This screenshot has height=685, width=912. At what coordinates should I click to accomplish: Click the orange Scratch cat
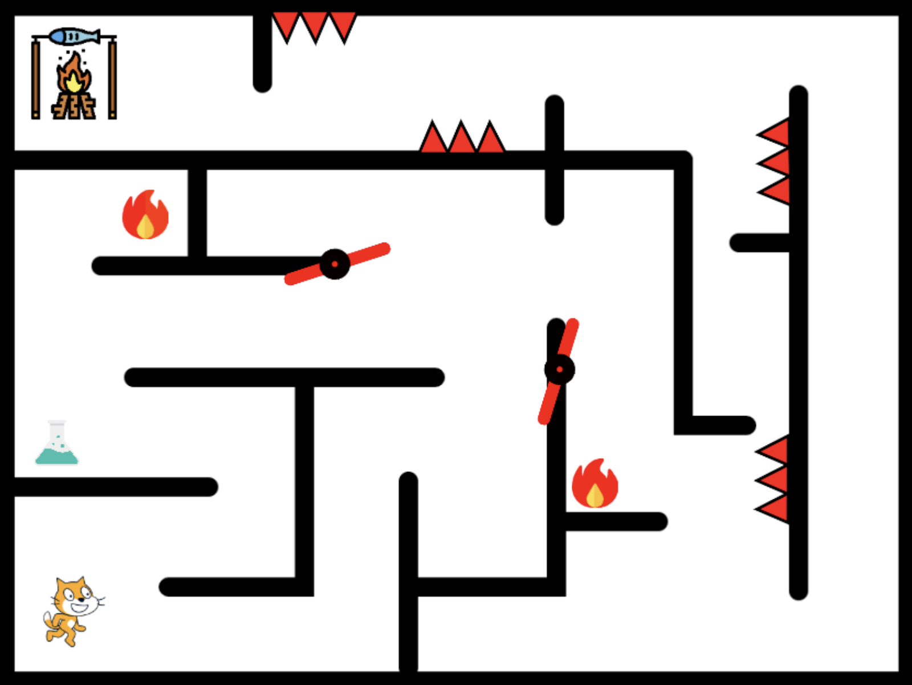(x=71, y=610)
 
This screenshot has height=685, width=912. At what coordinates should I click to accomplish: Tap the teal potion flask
(x=56, y=447)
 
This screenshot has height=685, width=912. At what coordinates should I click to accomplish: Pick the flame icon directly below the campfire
(x=145, y=215)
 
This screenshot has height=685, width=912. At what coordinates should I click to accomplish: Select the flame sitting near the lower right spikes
(x=595, y=484)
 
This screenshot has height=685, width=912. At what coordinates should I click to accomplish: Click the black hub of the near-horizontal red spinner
(x=335, y=264)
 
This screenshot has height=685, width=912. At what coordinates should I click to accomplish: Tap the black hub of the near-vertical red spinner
(x=559, y=369)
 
